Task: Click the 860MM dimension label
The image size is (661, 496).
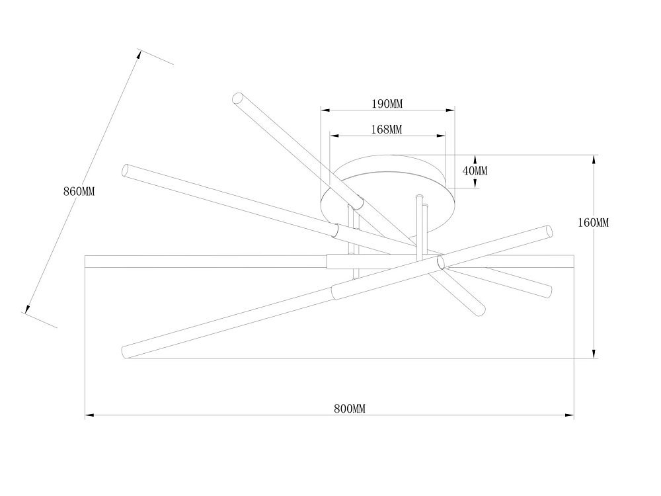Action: [79, 192]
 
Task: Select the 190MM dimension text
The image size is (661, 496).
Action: [387, 104]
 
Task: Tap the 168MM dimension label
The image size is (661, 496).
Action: [387, 130]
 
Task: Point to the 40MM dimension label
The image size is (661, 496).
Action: [475, 171]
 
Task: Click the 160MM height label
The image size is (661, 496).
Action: [593, 223]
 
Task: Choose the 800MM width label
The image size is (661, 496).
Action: [350, 409]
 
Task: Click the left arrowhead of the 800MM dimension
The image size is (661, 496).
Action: [89, 415]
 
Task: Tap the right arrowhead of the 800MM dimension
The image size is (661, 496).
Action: [569, 415]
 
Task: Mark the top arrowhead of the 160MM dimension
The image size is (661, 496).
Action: [594, 159]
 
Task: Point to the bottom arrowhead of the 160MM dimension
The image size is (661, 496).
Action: [594, 354]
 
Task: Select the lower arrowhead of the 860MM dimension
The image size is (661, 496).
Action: [28, 309]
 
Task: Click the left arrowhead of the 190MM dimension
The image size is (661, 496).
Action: [325, 110]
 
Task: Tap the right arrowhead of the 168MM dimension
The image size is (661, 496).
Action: [441, 136]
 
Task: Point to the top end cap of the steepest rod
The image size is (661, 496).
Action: [238, 98]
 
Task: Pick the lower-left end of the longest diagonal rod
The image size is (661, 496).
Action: [125, 352]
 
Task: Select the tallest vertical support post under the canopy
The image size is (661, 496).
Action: [419, 226]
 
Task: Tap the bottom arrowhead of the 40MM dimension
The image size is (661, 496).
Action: [475, 183]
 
